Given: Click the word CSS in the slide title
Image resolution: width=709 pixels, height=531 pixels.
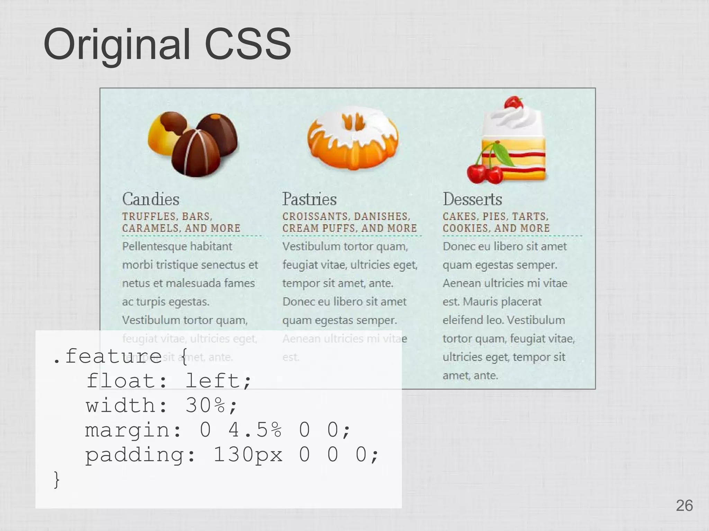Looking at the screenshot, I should (x=248, y=45).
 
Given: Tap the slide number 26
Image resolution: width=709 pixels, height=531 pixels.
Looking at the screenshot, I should (x=684, y=506).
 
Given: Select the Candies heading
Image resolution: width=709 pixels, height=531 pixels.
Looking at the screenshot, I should (x=151, y=199).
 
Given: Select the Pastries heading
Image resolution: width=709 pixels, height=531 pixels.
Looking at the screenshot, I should (x=309, y=199).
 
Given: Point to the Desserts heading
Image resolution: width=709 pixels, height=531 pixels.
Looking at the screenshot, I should (x=472, y=199).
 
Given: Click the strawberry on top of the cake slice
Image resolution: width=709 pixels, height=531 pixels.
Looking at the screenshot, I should (x=513, y=103).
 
